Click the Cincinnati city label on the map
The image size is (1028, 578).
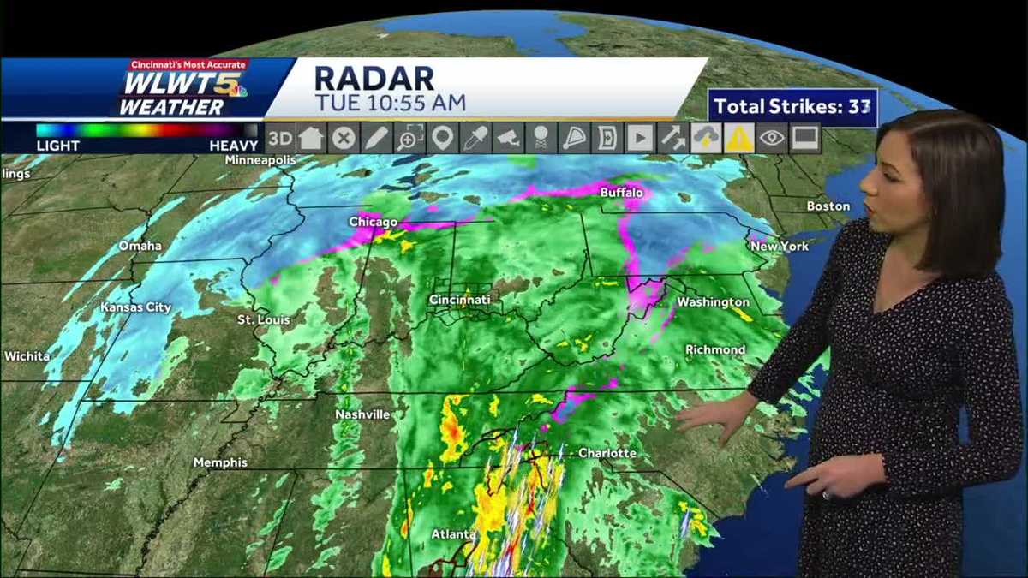pos(459,300)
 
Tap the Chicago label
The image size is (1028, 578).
pos(373,222)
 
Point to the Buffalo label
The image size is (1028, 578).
pos(621,193)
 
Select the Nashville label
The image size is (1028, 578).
pos(362,414)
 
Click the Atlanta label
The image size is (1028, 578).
pos(453,534)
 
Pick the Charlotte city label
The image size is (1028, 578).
pos(607,452)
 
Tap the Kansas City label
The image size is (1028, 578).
pos(135,307)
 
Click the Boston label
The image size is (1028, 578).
pos(828,206)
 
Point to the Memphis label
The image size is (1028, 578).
pos(220,462)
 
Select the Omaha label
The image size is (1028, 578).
pos(140,246)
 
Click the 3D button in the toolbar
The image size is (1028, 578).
pos(279,138)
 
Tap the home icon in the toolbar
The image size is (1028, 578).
pos(311,138)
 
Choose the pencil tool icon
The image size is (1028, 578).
pos(377,138)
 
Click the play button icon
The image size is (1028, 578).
pos(639,138)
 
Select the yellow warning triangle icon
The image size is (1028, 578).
pos(738,138)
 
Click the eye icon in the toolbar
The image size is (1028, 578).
pos(772,138)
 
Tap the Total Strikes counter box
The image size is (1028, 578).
pos(792,107)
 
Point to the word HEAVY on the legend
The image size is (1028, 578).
pos(233,146)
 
